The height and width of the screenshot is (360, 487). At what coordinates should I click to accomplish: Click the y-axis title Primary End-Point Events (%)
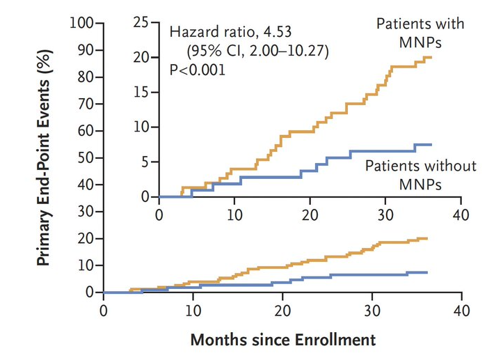(44, 157)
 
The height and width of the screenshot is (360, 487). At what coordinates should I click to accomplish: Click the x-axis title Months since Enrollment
(283, 340)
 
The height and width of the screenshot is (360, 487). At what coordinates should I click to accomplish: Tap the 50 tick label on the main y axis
(86, 157)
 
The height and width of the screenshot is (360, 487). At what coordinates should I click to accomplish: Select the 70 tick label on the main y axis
(86, 104)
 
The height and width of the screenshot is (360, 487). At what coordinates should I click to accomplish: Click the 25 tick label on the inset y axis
(141, 23)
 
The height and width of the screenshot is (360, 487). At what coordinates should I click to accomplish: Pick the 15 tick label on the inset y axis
(141, 93)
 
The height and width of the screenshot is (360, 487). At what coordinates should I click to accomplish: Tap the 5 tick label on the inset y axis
(145, 162)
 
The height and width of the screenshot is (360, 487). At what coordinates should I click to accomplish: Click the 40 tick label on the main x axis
(461, 311)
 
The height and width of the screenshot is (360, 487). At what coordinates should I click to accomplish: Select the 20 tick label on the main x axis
(282, 311)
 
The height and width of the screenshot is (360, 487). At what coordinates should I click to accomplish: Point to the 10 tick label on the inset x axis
(234, 215)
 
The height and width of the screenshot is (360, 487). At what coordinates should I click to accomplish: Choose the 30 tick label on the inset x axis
(385, 215)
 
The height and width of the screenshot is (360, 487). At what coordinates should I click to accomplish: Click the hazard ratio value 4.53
(278, 32)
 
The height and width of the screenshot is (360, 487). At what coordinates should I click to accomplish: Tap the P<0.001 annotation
(197, 70)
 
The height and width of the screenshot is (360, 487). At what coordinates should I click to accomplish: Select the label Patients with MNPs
(420, 33)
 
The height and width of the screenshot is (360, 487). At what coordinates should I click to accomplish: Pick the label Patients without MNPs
(420, 175)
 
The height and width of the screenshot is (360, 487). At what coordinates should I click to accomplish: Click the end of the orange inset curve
(431, 58)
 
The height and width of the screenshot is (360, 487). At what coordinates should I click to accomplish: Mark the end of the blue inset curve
(431, 145)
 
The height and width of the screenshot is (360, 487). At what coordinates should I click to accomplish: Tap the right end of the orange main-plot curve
(427, 238)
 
